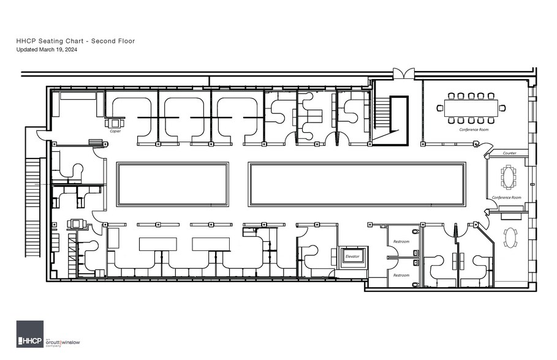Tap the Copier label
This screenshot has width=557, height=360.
pos(115,131)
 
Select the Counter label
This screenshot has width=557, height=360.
pos(510,153)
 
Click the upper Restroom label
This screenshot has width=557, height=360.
pos(401,242)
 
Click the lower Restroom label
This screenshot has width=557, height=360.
pos(401,276)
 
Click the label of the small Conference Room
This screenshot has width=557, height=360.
pos(507,198)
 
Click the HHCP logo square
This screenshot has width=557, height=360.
pos(30,334)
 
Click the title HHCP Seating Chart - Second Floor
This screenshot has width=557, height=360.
pos(75,41)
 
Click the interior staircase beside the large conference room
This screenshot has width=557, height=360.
pos(390,120)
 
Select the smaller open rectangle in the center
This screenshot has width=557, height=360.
pos(172,184)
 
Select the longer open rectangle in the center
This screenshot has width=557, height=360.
pos(357,184)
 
